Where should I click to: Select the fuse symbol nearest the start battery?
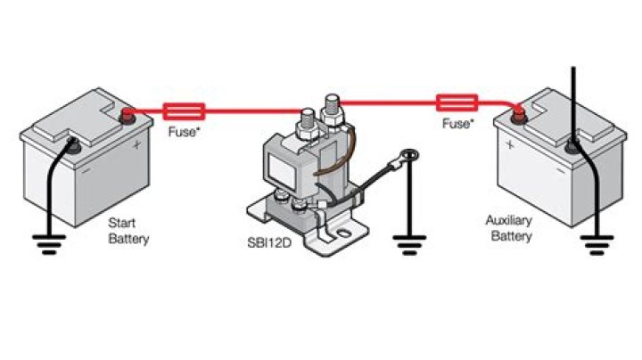pos(185,111)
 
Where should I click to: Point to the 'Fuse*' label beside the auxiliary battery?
pos(457,122)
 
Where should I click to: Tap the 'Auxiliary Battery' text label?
pos(509,228)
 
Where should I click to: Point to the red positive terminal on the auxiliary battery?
pos(516,111)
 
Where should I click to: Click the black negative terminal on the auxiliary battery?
pos(573,139)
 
